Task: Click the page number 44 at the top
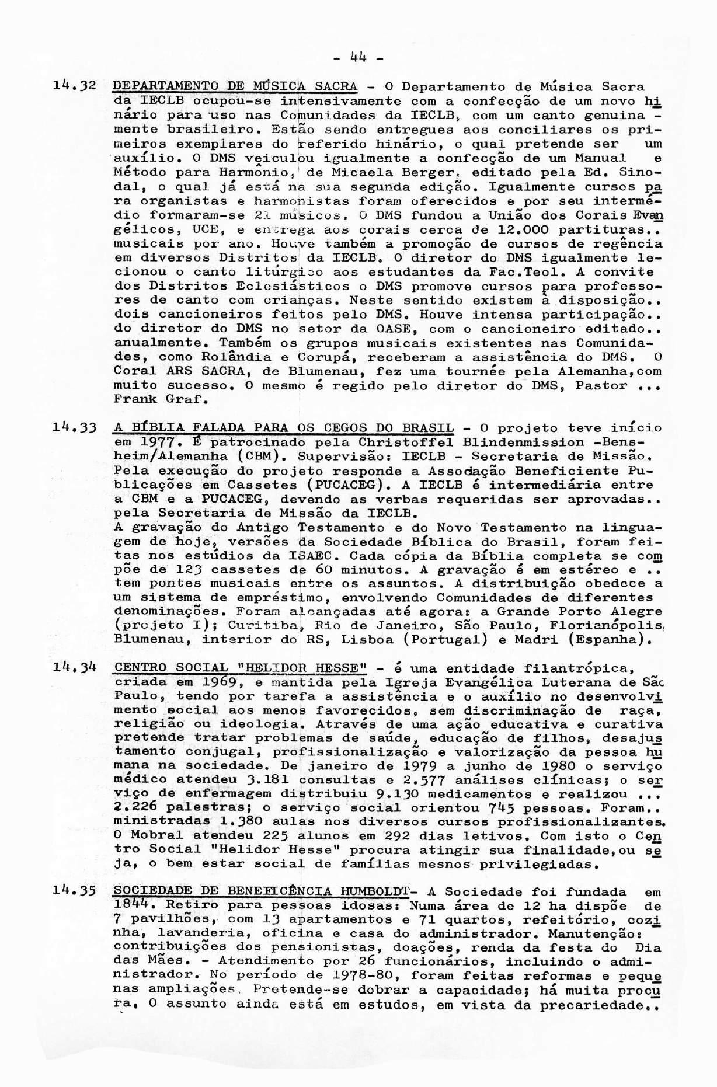point(358,58)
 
